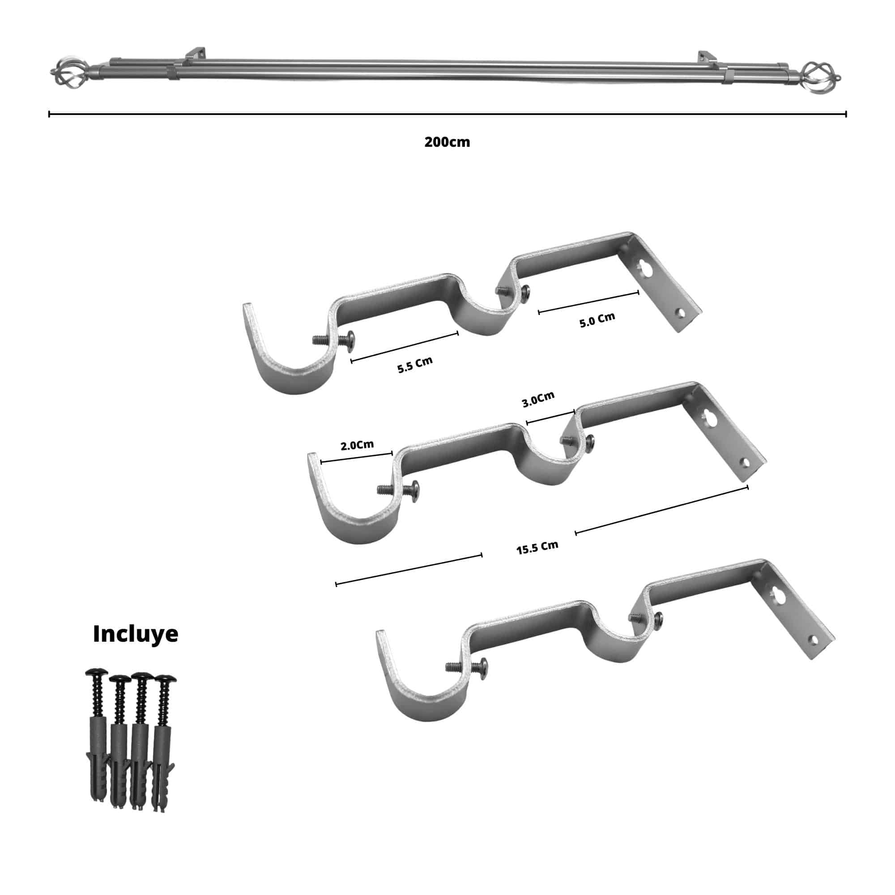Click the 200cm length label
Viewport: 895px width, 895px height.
447,142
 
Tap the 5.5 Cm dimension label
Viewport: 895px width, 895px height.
415,365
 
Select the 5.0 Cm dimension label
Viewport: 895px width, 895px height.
597,320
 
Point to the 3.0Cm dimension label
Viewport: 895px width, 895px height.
538,400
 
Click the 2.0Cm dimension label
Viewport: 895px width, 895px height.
357,445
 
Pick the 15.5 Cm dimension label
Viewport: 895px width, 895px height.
537,548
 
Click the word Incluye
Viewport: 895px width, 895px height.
136,634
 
